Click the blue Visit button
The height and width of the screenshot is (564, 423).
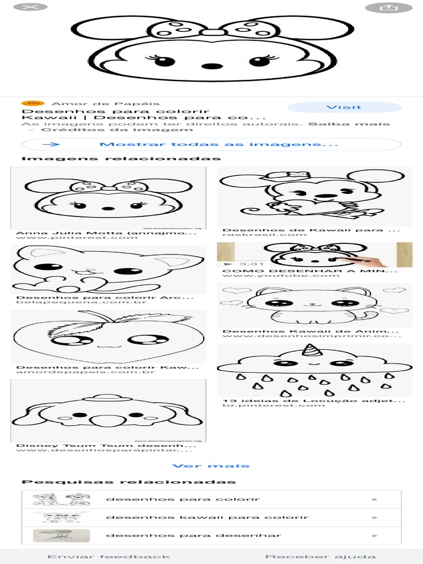pyautogui.click(x=343, y=107)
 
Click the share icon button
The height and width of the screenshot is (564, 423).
pyautogui.click(x=389, y=8)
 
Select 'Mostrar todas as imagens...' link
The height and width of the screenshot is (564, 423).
pyautogui.click(x=211, y=144)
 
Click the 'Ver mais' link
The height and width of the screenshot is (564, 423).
pyautogui.click(x=211, y=466)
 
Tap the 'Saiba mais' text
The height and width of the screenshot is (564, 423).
pyautogui.click(x=349, y=124)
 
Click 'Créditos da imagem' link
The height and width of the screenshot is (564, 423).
pyautogui.click(x=117, y=130)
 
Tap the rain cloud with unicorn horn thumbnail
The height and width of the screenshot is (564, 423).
pyautogui.click(x=314, y=370)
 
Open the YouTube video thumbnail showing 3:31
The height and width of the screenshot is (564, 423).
pyautogui.click(x=314, y=255)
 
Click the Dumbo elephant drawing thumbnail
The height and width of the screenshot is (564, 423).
pyautogui.click(x=108, y=411)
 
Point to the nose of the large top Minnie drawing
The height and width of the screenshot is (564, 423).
pyautogui.click(x=211, y=66)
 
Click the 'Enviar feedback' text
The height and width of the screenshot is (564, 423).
pyautogui.click(x=109, y=557)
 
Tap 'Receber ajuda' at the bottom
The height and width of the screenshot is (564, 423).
pyautogui.click(x=321, y=557)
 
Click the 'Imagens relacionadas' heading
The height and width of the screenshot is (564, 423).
pyautogui.click(x=121, y=159)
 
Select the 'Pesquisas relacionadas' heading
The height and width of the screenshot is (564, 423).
pyautogui.click(x=128, y=482)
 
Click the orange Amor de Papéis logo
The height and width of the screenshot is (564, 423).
pyautogui.click(x=32, y=103)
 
